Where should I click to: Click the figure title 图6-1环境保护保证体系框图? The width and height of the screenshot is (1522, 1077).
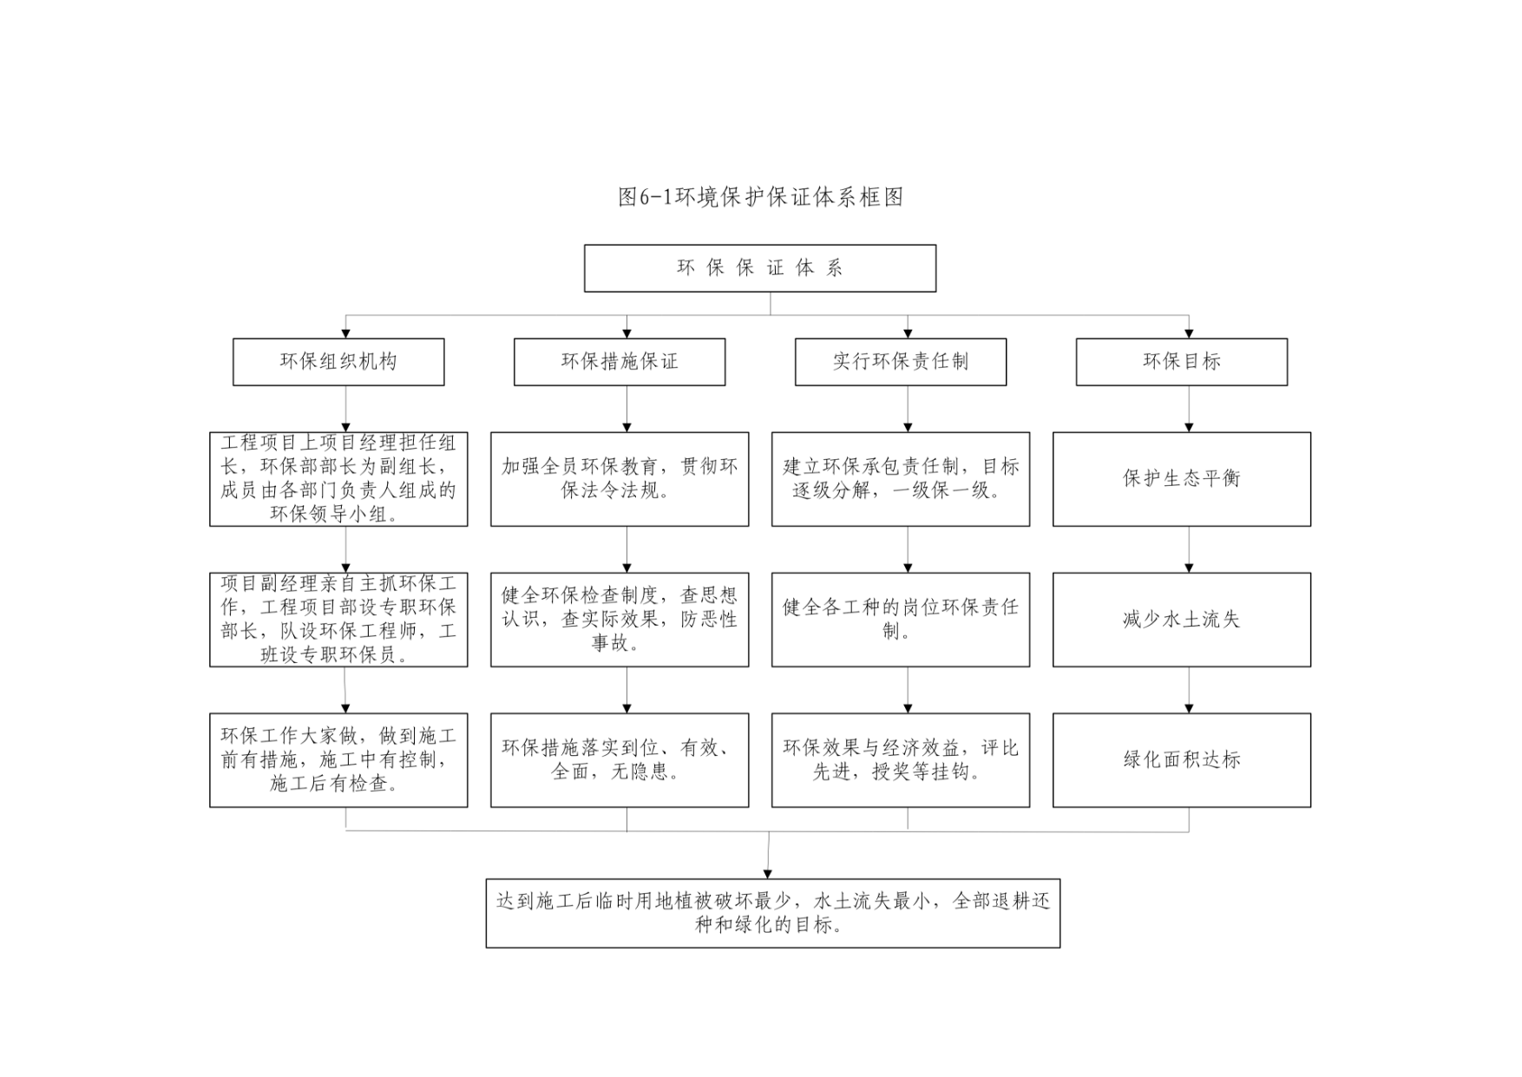tap(760, 197)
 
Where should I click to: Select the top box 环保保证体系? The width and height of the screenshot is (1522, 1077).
tap(760, 268)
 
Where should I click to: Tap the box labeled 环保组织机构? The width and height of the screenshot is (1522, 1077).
tap(338, 362)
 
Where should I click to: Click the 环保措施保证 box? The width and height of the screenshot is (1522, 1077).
tap(620, 362)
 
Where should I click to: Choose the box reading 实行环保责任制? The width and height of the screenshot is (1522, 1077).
tap(901, 362)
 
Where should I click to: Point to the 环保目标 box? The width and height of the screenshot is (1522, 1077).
tap(1182, 362)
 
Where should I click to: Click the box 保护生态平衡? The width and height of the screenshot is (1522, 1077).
tap(1182, 479)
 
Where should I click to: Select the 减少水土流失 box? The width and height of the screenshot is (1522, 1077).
tap(1182, 620)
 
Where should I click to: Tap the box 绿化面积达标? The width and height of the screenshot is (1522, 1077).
tap(1182, 760)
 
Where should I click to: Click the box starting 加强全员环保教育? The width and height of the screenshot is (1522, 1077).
tap(620, 479)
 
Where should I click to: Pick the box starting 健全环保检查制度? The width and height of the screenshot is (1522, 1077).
tap(620, 620)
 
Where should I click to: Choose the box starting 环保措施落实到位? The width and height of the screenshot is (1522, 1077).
tap(620, 760)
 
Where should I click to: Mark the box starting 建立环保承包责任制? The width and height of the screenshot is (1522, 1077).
tap(901, 479)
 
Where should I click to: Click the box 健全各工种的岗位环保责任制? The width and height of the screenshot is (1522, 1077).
tap(901, 620)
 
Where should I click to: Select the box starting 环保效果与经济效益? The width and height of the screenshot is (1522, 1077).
tap(901, 760)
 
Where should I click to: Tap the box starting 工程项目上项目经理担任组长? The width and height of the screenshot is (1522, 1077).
tap(338, 479)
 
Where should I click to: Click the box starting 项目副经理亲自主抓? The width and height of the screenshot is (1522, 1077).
tap(338, 620)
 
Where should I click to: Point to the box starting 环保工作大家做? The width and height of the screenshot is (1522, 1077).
tap(338, 760)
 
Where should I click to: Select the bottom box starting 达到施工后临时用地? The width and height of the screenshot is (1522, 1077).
tap(773, 914)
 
